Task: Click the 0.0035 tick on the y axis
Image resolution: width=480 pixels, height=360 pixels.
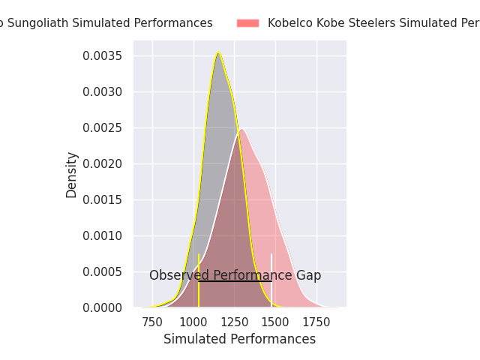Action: click(x=109, y=56)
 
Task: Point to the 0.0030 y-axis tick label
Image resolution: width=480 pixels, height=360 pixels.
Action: click(x=109, y=92)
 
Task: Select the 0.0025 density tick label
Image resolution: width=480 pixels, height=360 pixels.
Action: click(x=109, y=128)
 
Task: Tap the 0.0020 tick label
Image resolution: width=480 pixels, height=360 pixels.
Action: click(x=109, y=164)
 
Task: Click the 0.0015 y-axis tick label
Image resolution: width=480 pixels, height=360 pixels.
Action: click(x=109, y=200)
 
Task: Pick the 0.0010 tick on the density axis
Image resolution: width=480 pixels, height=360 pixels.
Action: click(x=109, y=236)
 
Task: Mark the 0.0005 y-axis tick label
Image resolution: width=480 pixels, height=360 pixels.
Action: click(x=109, y=272)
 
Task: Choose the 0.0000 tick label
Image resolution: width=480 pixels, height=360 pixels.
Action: click(x=109, y=308)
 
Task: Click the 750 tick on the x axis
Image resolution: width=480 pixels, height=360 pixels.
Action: click(x=152, y=322)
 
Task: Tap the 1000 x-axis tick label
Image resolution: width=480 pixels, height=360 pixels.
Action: click(x=193, y=322)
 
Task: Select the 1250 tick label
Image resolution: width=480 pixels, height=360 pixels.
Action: click(x=234, y=322)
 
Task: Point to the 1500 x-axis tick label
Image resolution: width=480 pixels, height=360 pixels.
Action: click(x=275, y=322)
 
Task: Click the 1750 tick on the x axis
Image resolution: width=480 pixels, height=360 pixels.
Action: click(x=316, y=322)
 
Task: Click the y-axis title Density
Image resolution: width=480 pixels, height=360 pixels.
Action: click(x=72, y=175)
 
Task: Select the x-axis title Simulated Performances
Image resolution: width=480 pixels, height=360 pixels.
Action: click(x=239, y=340)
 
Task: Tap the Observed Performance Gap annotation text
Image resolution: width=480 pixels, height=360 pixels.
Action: click(x=235, y=275)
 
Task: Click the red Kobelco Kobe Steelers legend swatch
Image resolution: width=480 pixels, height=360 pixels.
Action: click(x=247, y=23)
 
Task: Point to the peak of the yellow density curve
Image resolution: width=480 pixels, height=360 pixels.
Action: click(x=218, y=53)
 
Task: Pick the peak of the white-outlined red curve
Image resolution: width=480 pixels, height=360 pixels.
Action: click(x=241, y=129)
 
